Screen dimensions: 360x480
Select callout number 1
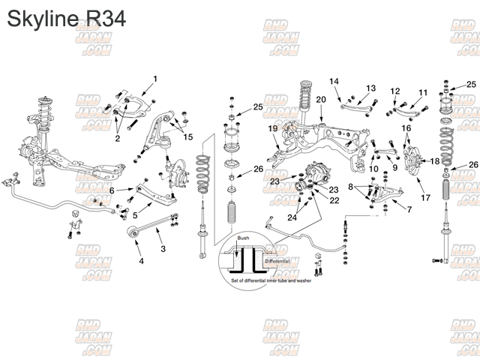click(x=155, y=79)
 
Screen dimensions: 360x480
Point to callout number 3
click(x=163, y=248)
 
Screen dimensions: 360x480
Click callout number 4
click(x=140, y=261)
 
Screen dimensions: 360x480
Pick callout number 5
click(x=135, y=215)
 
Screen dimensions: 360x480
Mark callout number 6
click(x=112, y=190)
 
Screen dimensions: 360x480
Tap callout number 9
click(x=394, y=168)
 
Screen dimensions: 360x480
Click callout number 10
click(x=373, y=169)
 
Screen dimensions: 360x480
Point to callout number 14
click(x=334, y=81)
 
